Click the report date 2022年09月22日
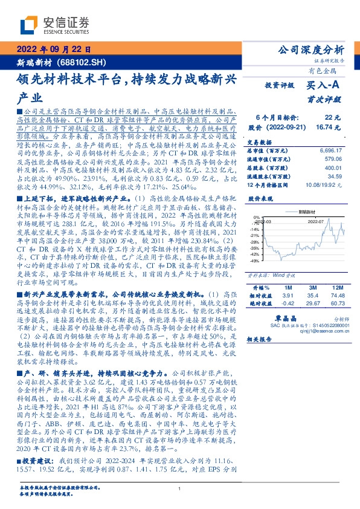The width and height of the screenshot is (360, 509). pos(53,50)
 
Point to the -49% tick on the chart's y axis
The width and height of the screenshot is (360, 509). pos(256,261)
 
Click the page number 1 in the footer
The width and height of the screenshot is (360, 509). pos(179,488)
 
